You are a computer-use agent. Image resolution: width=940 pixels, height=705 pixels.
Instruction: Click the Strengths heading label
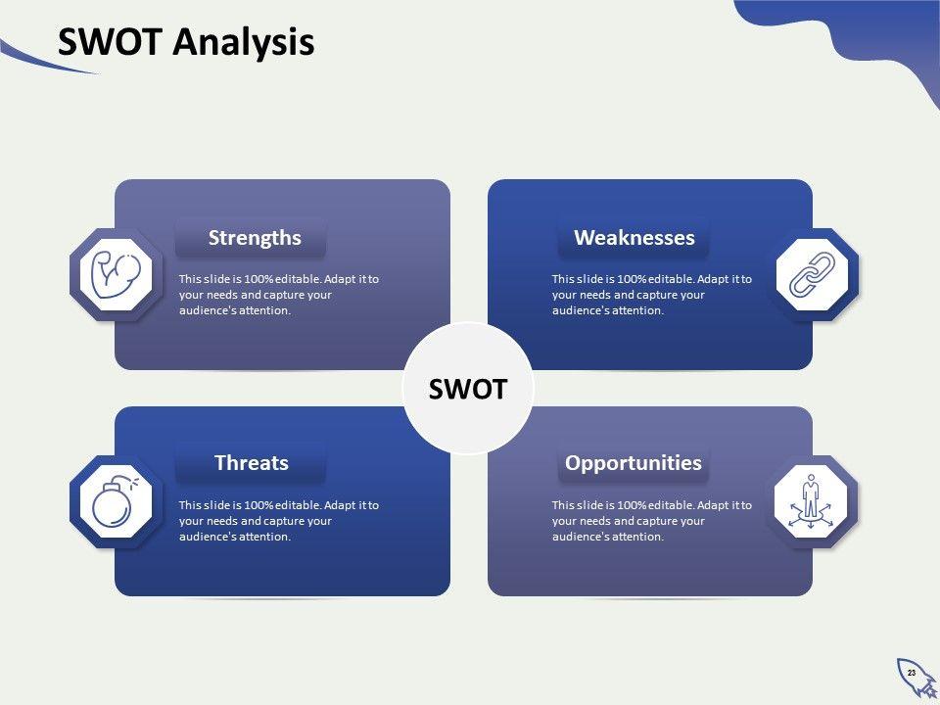(255, 238)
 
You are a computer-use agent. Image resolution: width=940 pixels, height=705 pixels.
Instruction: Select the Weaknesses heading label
(634, 238)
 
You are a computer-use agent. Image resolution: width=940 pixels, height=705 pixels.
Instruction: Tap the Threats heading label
(252, 463)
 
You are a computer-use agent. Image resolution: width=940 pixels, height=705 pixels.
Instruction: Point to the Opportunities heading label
(634, 463)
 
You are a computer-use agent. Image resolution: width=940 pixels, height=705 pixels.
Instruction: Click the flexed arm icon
(116, 275)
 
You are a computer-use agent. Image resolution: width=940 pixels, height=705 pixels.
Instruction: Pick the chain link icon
(812, 274)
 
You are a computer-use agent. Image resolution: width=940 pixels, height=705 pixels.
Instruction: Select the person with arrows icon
(811, 501)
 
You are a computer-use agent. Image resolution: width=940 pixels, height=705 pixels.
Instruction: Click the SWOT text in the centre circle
(468, 389)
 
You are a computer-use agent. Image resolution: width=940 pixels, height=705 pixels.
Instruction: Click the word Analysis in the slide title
(244, 43)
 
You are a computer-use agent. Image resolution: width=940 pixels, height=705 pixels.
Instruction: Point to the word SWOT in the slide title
(110, 42)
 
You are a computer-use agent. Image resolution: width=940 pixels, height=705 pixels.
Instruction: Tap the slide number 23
(912, 673)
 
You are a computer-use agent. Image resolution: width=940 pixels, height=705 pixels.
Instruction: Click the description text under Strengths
(279, 295)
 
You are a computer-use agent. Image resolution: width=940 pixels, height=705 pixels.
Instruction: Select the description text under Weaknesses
(652, 295)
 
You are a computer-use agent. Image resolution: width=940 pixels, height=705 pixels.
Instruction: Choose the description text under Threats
(279, 521)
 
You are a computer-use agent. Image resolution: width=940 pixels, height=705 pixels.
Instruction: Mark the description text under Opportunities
(652, 521)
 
